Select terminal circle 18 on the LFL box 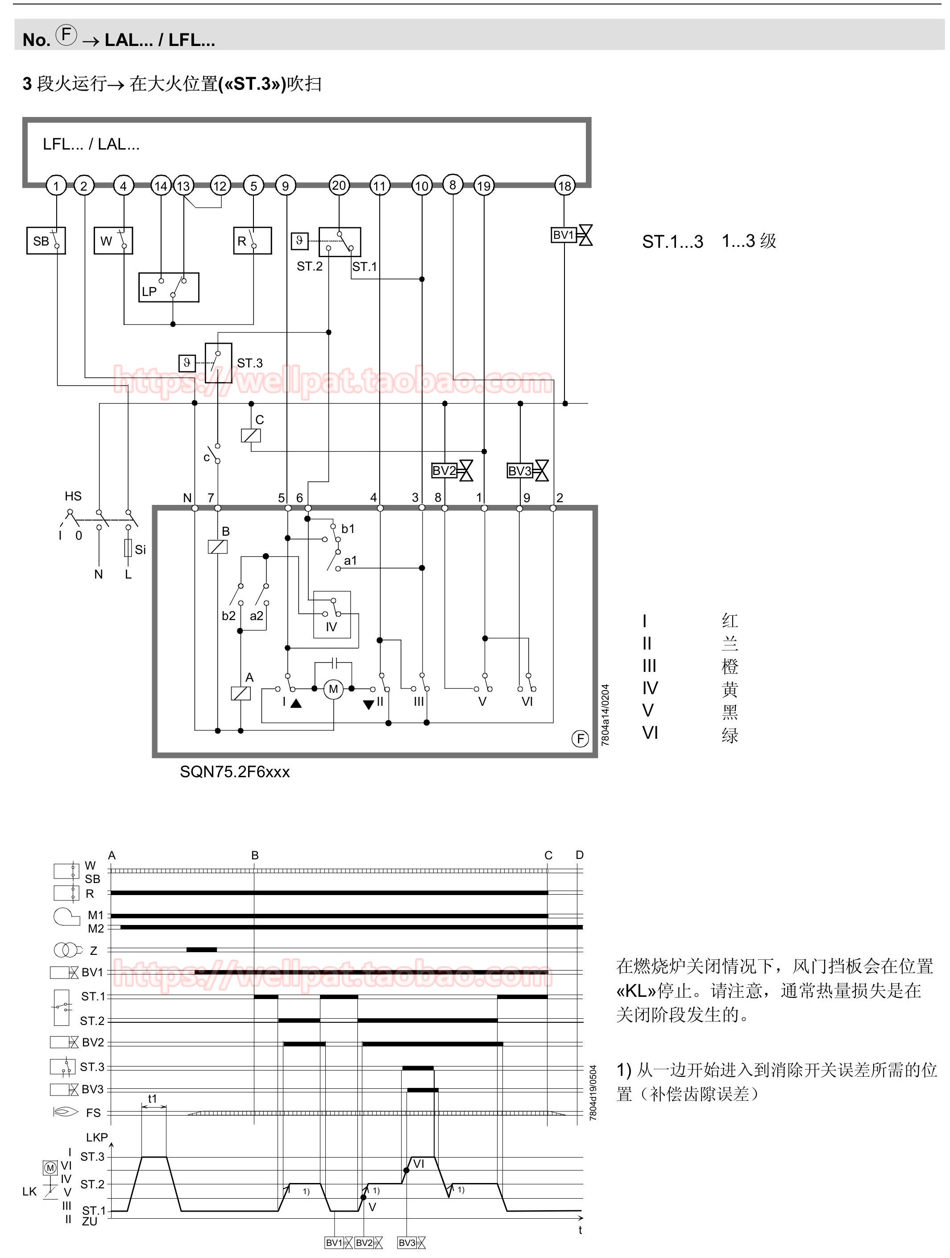(x=564, y=186)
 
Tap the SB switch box (x=46, y=241)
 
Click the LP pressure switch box (x=169, y=287)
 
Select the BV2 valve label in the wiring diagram (x=444, y=471)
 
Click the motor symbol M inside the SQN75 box (x=333, y=689)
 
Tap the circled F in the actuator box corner (x=580, y=739)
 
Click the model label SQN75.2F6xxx (x=235, y=772)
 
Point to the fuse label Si (x=141, y=550)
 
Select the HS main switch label (x=73, y=496)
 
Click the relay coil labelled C (x=251, y=436)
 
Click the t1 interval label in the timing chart (x=152, y=1099)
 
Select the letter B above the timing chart (x=255, y=855)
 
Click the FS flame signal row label (x=93, y=1113)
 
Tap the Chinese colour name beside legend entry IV (x=730, y=689)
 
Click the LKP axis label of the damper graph (x=97, y=1137)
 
